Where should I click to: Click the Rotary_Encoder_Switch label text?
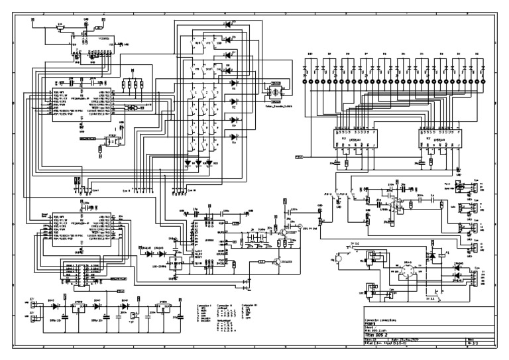click(x=278, y=105)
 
